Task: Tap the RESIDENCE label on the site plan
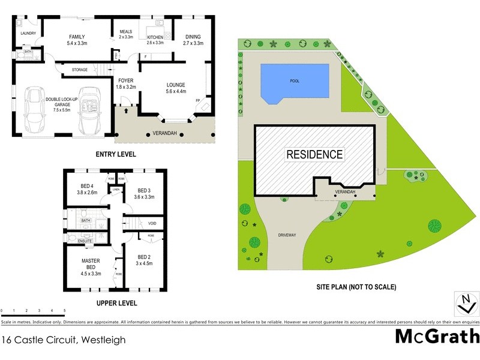click(314, 154)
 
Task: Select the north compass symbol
click(463, 304)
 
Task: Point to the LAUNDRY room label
click(28, 34)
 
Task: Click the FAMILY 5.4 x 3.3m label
click(77, 40)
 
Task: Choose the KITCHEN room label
click(155, 40)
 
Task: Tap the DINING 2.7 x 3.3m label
click(193, 40)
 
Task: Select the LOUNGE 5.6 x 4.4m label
click(176, 88)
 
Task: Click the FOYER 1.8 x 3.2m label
click(126, 83)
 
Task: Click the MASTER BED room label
click(92, 268)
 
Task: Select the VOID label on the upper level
click(152, 223)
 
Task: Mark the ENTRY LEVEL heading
click(116, 154)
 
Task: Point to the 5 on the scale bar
click(64, 311)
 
